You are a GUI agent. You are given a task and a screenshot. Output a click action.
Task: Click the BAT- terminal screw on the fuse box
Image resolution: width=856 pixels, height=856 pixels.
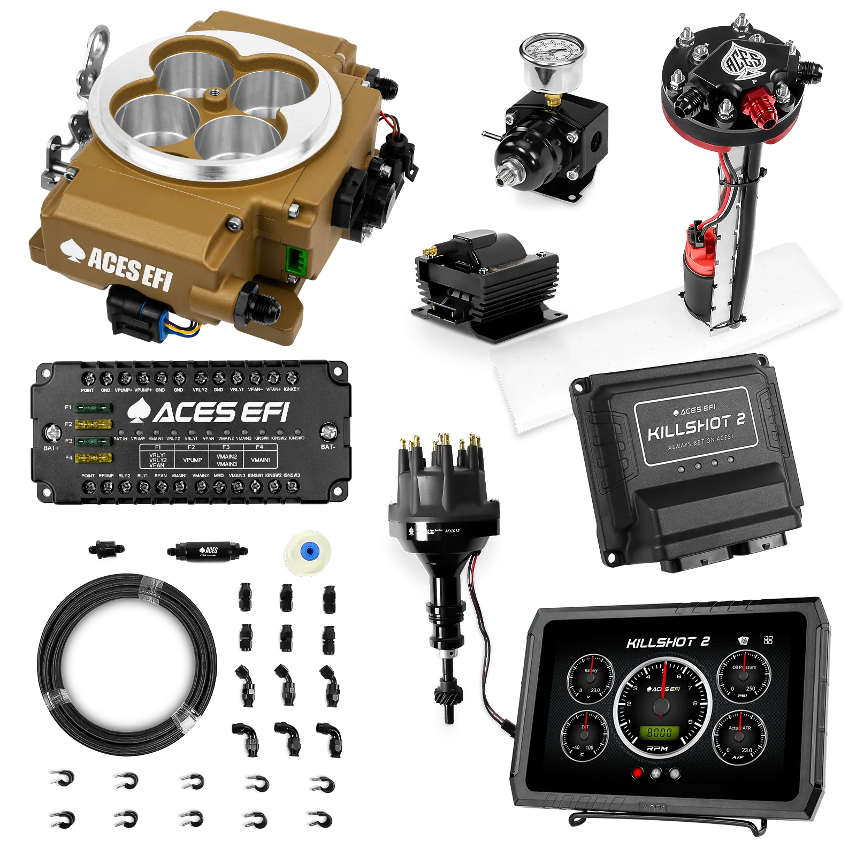coord(328,431)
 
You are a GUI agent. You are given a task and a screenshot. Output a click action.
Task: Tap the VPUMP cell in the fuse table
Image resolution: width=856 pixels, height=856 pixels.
coord(192,459)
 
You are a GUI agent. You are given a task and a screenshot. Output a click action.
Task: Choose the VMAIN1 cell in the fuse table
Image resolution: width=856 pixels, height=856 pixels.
coord(260,459)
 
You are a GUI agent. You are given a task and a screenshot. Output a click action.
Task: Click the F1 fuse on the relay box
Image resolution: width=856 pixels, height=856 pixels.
coord(93,408)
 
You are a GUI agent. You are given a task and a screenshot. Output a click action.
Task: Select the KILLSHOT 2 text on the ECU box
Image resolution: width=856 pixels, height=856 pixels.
coord(695,425)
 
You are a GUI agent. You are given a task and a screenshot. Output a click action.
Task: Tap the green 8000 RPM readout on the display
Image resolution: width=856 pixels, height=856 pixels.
coord(663,731)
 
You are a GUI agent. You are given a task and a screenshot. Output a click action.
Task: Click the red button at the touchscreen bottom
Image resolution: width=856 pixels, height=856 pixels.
coord(637,773)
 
